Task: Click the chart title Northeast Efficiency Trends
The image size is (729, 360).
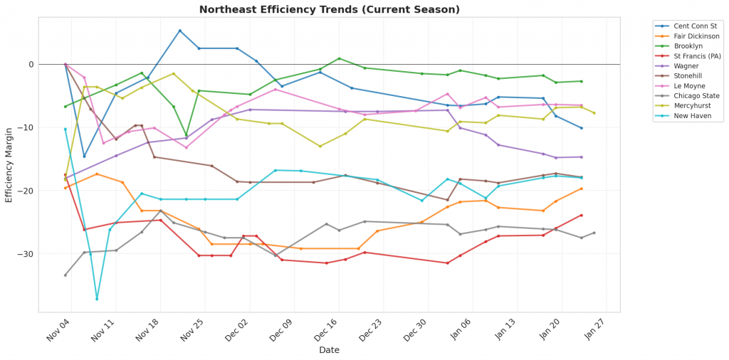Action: tap(329, 10)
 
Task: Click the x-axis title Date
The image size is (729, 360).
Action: tap(329, 350)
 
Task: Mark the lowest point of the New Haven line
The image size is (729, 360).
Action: tap(97, 298)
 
